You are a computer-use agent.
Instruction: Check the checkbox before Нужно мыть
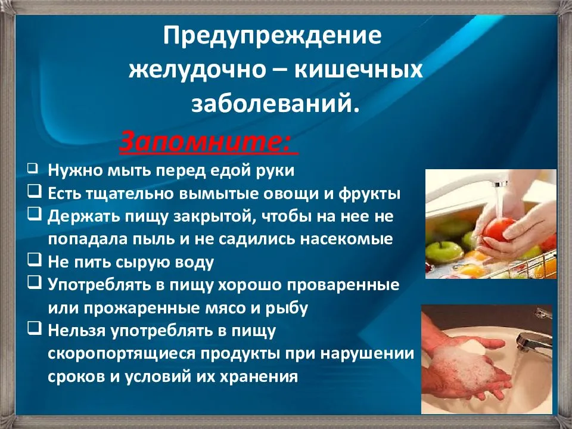point(33,169)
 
